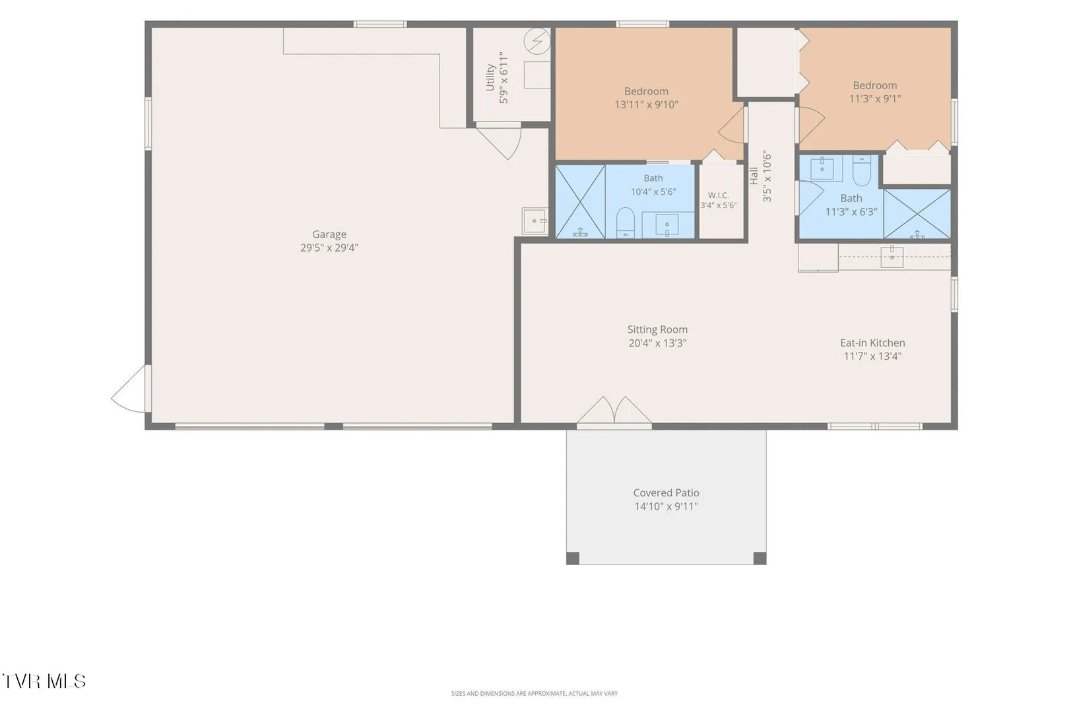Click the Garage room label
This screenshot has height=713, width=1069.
(329, 234)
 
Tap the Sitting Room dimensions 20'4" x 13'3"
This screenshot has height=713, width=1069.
(657, 343)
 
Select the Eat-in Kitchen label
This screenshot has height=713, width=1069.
(872, 343)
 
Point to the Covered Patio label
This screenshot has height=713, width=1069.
(666, 492)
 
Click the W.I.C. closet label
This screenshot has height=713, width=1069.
(718, 195)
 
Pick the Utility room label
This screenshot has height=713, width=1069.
(490, 77)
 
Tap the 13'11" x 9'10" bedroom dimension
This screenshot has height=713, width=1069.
(646, 104)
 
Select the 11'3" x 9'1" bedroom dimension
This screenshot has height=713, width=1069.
(875, 98)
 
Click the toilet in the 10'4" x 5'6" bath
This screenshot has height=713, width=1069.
(625, 222)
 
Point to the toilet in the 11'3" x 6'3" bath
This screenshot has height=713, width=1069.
(861, 170)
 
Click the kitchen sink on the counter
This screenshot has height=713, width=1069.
(892, 256)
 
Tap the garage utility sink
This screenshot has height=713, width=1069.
(534, 221)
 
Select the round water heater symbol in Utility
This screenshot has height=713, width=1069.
(537, 41)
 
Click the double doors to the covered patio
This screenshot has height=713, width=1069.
(614, 411)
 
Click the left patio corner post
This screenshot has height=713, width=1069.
(573, 558)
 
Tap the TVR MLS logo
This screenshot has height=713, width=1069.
(44, 681)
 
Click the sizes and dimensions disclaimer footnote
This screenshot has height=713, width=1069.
(534, 693)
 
